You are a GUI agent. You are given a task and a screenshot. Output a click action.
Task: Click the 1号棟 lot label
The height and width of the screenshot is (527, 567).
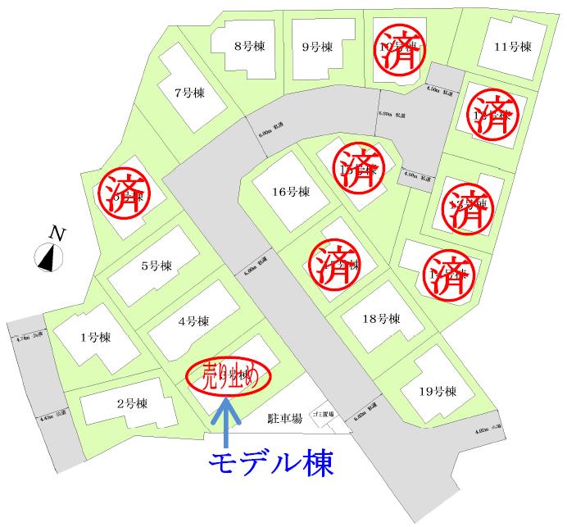(95, 337)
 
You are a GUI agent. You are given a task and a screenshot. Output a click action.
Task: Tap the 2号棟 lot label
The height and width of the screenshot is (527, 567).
(131, 403)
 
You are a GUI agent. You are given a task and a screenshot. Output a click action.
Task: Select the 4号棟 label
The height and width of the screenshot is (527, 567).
(193, 320)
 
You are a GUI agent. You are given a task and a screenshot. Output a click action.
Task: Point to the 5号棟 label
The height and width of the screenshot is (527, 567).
(156, 266)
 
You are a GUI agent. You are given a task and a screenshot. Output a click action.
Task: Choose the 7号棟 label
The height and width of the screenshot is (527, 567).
(188, 92)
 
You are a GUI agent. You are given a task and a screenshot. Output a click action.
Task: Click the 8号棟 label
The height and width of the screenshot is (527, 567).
(248, 46)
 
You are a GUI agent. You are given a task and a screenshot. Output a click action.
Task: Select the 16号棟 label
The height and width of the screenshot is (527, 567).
(291, 192)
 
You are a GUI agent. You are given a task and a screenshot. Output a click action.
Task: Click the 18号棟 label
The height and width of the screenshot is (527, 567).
(382, 318)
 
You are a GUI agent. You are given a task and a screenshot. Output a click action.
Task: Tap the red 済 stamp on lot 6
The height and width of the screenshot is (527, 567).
(121, 191)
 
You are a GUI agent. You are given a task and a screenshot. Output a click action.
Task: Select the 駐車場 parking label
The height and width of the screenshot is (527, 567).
(285, 418)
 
